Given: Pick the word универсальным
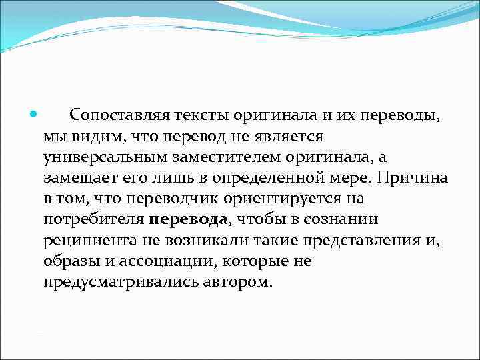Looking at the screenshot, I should point(106,158).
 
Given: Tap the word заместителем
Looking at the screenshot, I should point(225,158).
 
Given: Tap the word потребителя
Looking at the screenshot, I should point(92,220).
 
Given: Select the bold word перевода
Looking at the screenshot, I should point(189,220).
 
